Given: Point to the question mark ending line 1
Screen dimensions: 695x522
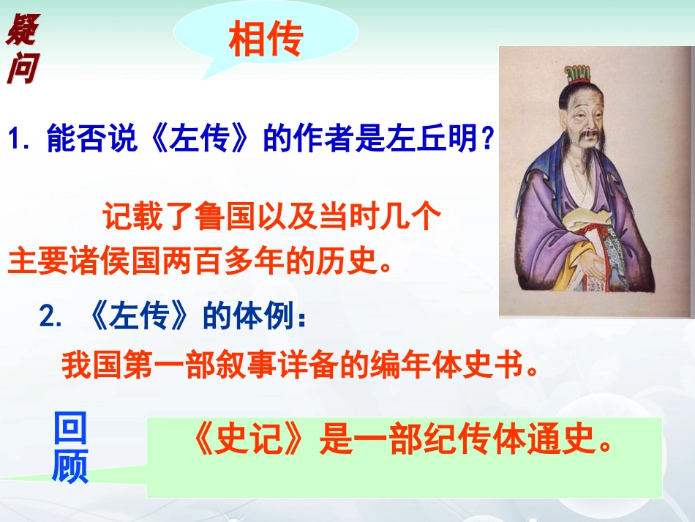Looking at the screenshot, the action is [487, 138].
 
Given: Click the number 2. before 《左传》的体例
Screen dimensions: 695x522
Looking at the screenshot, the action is [50, 316].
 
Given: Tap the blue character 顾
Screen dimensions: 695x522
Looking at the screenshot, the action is [70, 466].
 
